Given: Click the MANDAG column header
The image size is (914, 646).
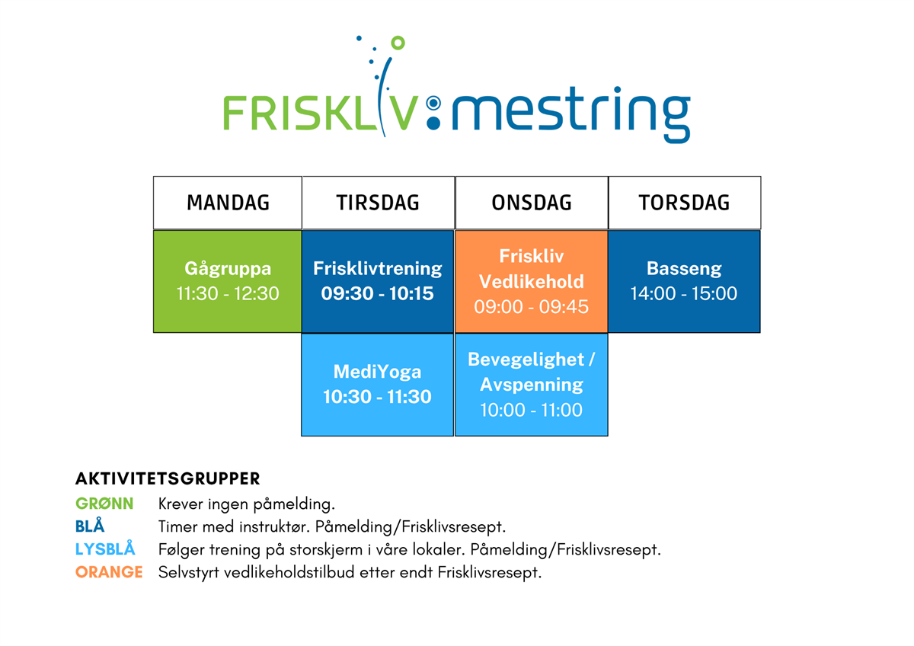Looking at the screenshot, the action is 228,203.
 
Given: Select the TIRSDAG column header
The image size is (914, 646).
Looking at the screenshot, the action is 379,203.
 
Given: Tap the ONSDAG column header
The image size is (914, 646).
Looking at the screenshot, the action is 532,203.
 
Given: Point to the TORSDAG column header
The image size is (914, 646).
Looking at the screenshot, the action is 684,203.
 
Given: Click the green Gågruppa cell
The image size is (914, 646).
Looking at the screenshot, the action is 228,282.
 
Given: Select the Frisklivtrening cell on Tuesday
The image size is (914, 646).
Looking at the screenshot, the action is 378,282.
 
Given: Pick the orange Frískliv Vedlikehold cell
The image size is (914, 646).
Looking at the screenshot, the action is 532,282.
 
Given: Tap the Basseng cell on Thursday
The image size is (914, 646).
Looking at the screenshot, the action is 684,282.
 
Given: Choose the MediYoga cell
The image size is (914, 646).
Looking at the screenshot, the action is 378,385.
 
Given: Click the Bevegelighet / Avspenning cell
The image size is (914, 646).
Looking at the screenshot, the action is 532,385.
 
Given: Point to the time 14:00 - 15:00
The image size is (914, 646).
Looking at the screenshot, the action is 684,293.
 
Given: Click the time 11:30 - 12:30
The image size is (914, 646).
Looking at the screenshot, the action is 228,293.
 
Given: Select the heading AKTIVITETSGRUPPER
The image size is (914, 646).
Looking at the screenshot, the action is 168,478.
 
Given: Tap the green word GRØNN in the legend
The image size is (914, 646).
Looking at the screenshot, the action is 104,504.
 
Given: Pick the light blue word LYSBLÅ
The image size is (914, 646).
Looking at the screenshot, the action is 105,548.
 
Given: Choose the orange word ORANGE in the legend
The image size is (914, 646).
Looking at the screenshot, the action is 109,572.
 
